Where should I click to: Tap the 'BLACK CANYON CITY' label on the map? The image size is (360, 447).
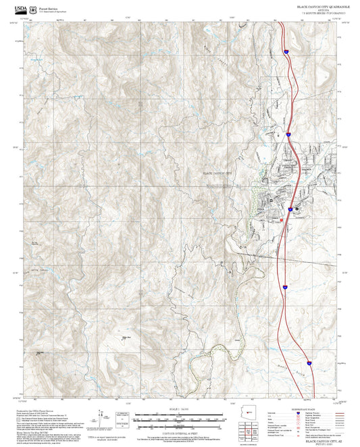[x=217, y=173]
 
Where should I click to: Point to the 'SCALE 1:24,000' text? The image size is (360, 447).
[x=180, y=408]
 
